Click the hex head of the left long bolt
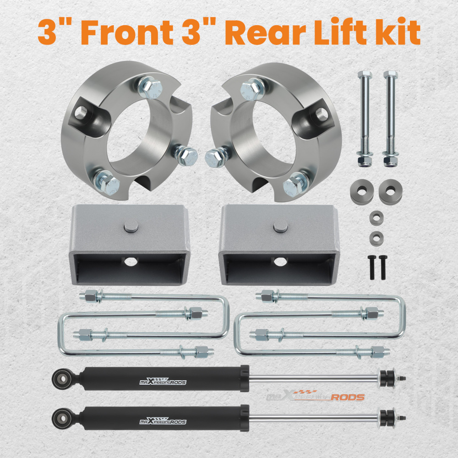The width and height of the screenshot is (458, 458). (365, 75)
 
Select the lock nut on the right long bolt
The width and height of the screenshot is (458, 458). (390, 160)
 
